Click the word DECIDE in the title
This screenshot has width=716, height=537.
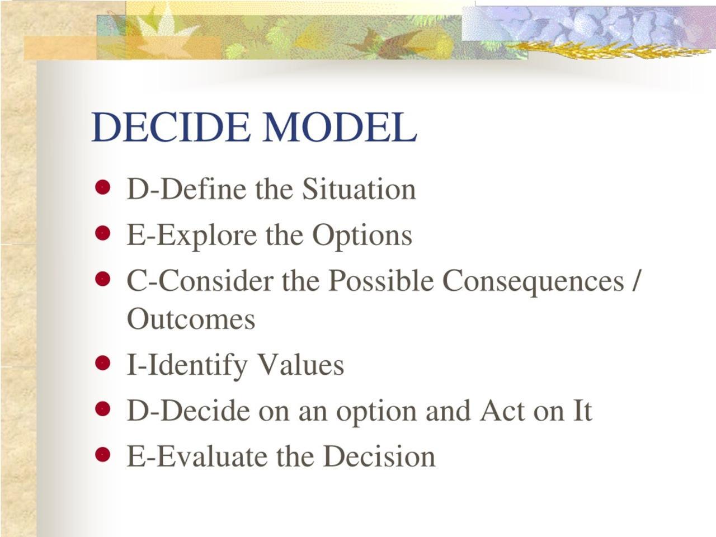[171, 127]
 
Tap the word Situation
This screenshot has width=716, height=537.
[359, 189]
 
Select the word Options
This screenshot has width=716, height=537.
[362, 235]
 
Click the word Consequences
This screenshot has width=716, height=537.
[533, 280]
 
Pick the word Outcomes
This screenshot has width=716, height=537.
[191, 319]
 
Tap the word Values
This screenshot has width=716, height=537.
[300, 365]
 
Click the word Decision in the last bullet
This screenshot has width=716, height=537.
[379, 456]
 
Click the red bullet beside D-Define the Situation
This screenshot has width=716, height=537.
[102, 187]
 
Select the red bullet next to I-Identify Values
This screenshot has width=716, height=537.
[102, 364]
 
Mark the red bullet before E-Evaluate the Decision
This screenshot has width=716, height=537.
[102, 454]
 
